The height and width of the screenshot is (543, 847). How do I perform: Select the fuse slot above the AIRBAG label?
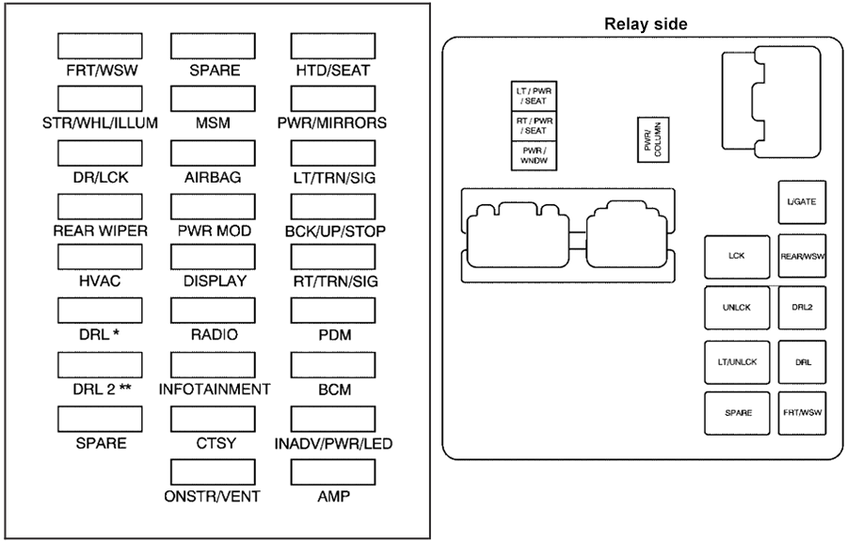coord(214,152)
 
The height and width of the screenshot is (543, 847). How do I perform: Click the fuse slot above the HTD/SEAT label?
coord(332,46)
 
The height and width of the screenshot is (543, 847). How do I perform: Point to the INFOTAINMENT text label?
coord(215,389)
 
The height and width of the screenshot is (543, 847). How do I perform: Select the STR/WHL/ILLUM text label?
coord(100,122)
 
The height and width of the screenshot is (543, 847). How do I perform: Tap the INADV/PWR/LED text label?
coord(333,443)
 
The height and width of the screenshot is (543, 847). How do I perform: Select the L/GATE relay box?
coord(802,202)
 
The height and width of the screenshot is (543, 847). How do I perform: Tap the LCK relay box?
coord(736,255)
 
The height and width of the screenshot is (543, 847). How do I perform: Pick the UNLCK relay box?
coord(736,308)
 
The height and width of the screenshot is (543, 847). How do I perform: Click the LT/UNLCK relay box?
coord(736,361)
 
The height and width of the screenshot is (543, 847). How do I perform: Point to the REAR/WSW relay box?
coord(802,255)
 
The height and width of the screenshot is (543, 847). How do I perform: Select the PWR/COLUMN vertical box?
coord(647,141)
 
